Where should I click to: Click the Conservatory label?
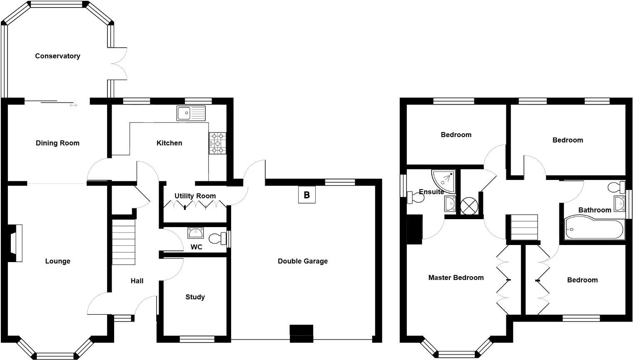57,56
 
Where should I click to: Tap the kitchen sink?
191,113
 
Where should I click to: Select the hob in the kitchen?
217,143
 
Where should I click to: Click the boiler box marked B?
307,195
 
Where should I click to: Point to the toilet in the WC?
216,239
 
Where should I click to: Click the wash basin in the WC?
195,232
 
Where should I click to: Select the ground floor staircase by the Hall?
124,242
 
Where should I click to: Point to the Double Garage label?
303,261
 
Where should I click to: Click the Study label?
195,297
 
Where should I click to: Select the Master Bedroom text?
456,277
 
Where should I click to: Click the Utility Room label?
195,196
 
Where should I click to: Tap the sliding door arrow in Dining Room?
73,105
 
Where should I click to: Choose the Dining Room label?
57,143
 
